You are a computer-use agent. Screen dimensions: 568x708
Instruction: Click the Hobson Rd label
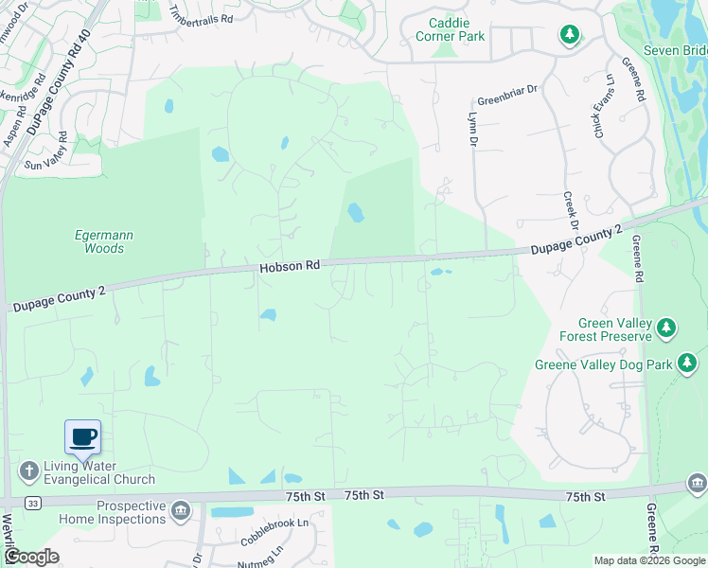[290, 267]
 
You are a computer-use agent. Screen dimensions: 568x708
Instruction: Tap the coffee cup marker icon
[83, 436]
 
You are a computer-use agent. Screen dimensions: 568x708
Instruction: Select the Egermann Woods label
[99, 241]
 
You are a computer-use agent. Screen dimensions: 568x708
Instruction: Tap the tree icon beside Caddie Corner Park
[569, 36]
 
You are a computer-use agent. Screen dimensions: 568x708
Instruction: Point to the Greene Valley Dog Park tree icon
[687, 363]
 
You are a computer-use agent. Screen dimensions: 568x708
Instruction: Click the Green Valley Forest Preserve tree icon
[667, 328]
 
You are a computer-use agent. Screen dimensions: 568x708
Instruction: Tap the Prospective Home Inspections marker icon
[181, 511]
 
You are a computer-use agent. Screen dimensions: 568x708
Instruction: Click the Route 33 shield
[33, 502]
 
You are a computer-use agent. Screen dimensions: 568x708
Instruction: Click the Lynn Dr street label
[471, 127]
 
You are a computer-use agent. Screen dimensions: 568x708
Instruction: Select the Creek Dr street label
[570, 212]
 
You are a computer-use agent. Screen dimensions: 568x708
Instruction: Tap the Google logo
[30, 557]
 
